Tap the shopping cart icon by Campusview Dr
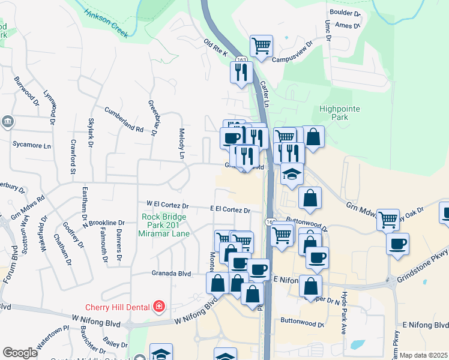(x=261, y=46)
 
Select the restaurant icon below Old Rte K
(x=240, y=73)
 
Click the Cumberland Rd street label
(x=124, y=120)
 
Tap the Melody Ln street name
(x=182, y=143)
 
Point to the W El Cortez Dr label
(x=163, y=205)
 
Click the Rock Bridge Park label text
(x=166, y=225)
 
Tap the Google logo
(x=20, y=352)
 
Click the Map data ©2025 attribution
(x=423, y=355)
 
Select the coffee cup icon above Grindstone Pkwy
(x=397, y=244)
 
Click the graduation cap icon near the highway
(x=292, y=174)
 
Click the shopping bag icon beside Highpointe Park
(x=313, y=136)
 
